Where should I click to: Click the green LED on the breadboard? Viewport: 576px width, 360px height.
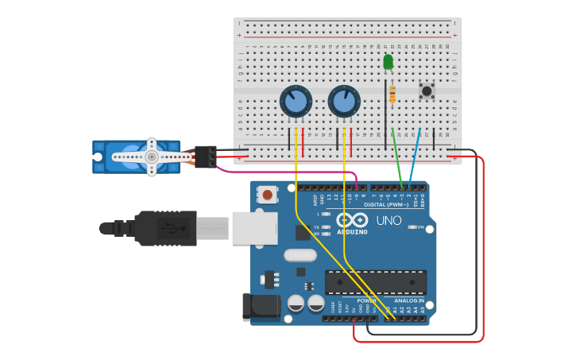(x=388, y=61)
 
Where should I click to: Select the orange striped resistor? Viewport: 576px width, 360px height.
(x=392, y=94)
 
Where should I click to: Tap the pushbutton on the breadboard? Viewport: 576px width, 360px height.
(x=427, y=91)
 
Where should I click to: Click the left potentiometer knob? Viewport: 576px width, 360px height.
(x=295, y=102)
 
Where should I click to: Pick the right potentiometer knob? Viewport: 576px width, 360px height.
(x=344, y=102)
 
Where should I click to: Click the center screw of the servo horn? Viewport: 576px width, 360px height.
(x=151, y=157)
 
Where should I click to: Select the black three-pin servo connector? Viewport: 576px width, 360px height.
(x=206, y=157)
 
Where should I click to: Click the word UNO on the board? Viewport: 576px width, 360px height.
(x=389, y=220)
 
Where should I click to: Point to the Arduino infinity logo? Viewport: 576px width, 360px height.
(x=351, y=219)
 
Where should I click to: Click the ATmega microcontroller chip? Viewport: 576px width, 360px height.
(x=375, y=282)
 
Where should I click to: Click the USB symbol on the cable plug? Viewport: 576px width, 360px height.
(x=172, y=229)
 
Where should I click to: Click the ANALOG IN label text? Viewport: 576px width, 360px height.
(x=410, y=301)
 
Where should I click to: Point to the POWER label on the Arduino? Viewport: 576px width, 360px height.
(x=367, y=301)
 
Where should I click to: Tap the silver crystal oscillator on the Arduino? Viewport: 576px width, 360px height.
(x=300, y=255)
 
